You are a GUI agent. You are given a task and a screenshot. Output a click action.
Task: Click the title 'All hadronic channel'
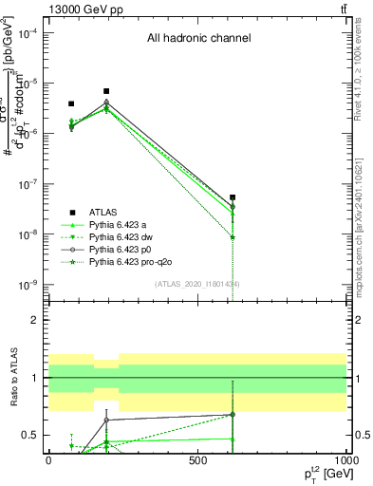(198, 38)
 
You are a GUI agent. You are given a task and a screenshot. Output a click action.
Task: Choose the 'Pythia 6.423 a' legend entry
(119, 224)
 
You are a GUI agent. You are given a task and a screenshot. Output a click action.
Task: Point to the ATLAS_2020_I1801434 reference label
(185, 284)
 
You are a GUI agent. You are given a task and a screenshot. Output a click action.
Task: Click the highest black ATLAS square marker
(106, 91)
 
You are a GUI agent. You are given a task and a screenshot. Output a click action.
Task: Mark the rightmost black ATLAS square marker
(233, 197)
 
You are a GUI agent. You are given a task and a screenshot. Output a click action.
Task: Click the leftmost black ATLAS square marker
(71, 103)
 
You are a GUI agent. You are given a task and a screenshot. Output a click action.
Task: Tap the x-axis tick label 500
(197, 459)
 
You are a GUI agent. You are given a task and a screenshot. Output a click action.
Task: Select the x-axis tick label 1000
(347, 459)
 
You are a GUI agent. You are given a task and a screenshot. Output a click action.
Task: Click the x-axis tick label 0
(48, 459)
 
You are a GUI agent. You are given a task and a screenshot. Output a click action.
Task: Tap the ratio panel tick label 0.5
(31, 435)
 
